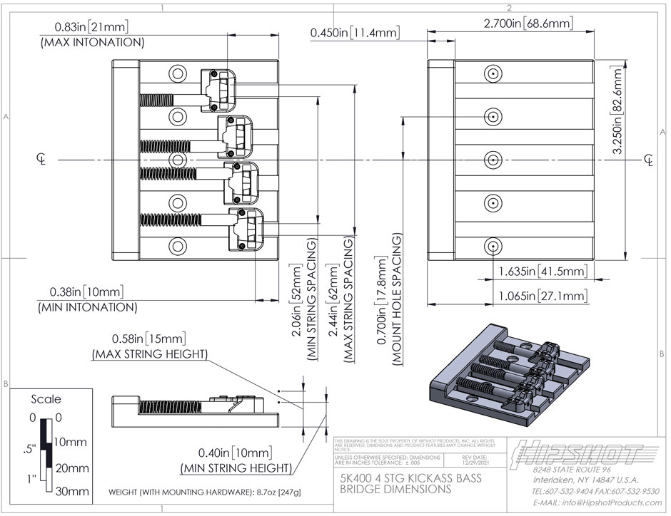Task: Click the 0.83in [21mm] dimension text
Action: [91, 27]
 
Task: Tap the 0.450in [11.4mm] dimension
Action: [355, 33]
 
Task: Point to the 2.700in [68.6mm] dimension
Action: [528, 24]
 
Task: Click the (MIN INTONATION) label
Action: [86, 308]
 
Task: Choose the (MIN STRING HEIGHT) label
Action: [236, 468]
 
